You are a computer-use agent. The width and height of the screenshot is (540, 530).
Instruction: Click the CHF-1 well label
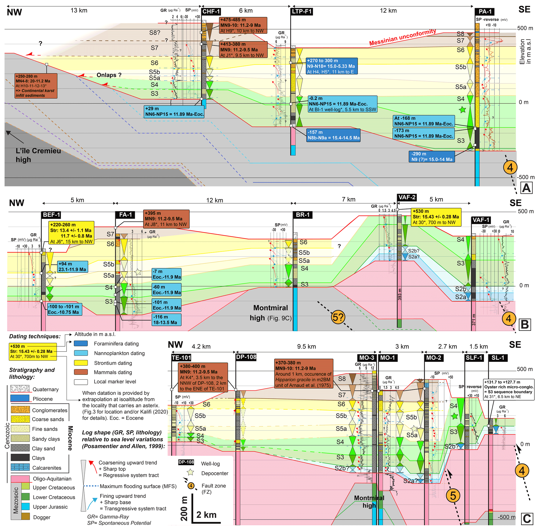tap(211, 11)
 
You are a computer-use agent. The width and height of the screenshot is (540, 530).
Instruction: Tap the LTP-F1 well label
tap(302, 11)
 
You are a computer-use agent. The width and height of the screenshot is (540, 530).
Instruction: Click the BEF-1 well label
tap(51, 215)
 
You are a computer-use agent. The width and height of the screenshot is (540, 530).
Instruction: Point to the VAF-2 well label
tap(407, 197)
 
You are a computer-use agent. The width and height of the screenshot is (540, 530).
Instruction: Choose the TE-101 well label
tap(181, 358)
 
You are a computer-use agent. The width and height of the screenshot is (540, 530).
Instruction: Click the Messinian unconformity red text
tap(402, 37)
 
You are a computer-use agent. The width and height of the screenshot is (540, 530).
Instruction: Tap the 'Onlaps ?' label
tap(109, 75)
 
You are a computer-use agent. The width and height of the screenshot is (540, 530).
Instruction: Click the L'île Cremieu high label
tap(38, 155)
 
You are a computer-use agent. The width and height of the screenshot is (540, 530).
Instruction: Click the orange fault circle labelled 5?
tap(338, 317)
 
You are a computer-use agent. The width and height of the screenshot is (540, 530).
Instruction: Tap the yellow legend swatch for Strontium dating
tap(81, 363)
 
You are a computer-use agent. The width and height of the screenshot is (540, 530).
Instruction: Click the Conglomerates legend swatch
tap(20, 410)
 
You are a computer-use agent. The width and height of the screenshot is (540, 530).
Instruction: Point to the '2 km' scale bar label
tap(206, 515)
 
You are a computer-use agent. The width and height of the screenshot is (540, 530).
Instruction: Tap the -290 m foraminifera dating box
tap(432, 157)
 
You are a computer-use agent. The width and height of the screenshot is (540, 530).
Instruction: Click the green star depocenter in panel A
tap(462, 110)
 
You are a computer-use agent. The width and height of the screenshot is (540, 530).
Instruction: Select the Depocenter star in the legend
tap(190, 472)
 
